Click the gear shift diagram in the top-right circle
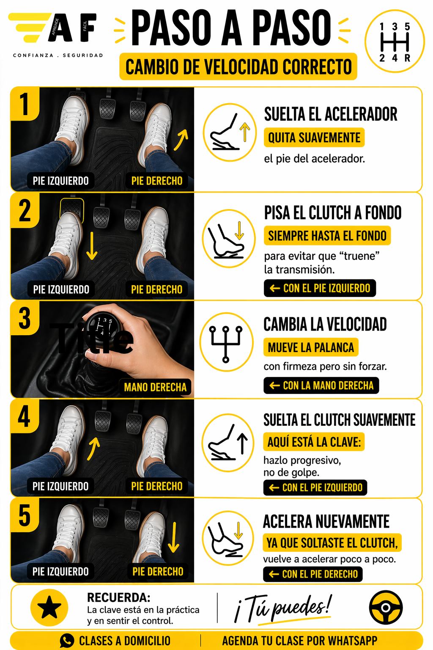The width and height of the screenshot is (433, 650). click(x=395, y=42)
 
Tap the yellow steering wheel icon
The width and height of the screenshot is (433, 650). click(x=386, y=607)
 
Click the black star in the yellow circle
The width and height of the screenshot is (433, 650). click(x=49, y=607)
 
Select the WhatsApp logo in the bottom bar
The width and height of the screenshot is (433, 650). click(x=67, y=641)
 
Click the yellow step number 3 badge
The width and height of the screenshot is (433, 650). click(x=25, y=318)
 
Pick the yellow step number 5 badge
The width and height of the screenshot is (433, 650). click(x=25, y=515)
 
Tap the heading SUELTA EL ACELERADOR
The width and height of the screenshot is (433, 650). click(x=331, y=114)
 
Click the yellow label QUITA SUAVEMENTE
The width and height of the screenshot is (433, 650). click(x=314, y=138)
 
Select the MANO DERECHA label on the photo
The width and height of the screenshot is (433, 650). click(x=155, y=387)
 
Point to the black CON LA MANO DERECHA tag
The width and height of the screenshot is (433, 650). click(x=321, y=386)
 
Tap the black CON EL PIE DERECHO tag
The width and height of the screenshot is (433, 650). click(x=313, y=574)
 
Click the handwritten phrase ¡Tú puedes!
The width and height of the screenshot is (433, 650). click(x=283, y=608)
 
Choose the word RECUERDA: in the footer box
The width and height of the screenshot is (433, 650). click(x=119, y=598)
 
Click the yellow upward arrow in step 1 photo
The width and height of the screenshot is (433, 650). click(x=181, y=140)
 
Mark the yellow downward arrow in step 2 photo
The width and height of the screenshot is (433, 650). click(x=92, y=245)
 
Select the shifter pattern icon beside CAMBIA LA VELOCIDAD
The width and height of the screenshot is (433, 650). click(x=226, y=343)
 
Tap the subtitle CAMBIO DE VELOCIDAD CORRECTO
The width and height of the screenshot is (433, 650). click(x=238, y=67)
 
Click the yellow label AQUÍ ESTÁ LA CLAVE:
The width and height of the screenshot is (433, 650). click(x=314, y=442)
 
